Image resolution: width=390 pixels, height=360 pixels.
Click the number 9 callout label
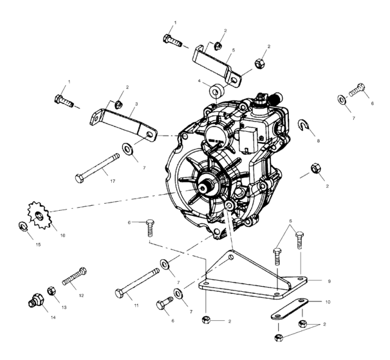coord(330,281)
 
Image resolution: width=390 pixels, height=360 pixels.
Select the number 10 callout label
coord(328,300)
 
